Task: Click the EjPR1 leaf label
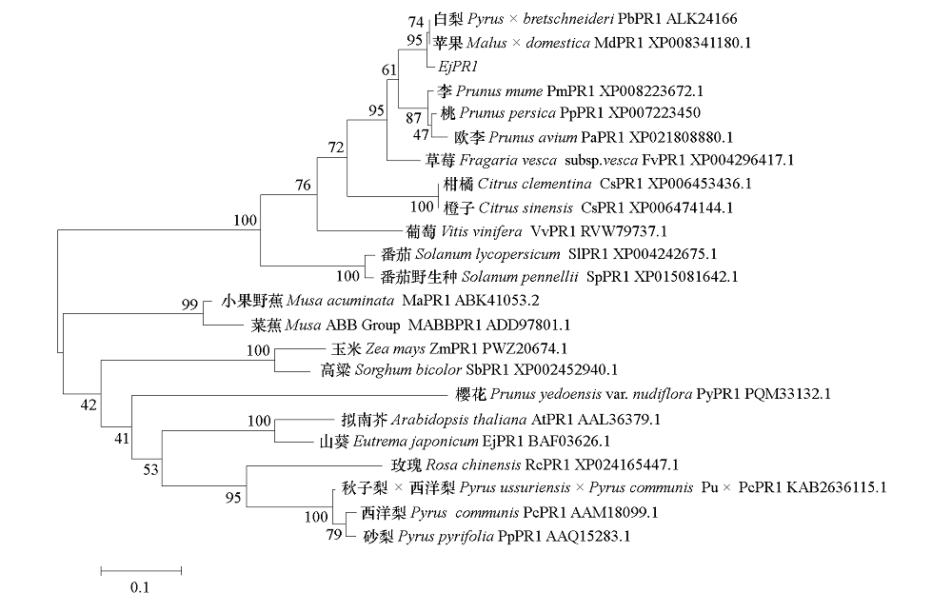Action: click(457, 68)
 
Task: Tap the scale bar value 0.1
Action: click(140, 587)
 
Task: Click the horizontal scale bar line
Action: click(140, 570)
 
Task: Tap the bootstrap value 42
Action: click(89, 405)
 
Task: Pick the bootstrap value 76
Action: click(303, 186)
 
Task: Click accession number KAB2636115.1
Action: click(841, 488)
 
